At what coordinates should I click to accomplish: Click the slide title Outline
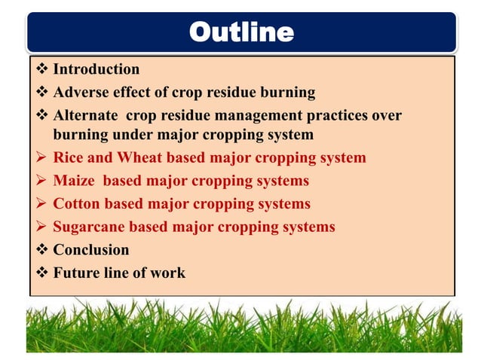click(240, 32)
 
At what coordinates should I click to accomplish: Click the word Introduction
click(96, 69)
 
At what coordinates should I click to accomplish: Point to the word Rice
click(69, 158)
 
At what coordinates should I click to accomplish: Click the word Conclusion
click(90, 250)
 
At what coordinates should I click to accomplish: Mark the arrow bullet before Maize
click(41, 182)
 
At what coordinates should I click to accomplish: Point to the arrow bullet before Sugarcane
click(41, 227)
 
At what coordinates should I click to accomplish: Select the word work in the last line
click(168, 273)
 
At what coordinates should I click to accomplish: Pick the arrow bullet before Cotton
click(41, 204)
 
